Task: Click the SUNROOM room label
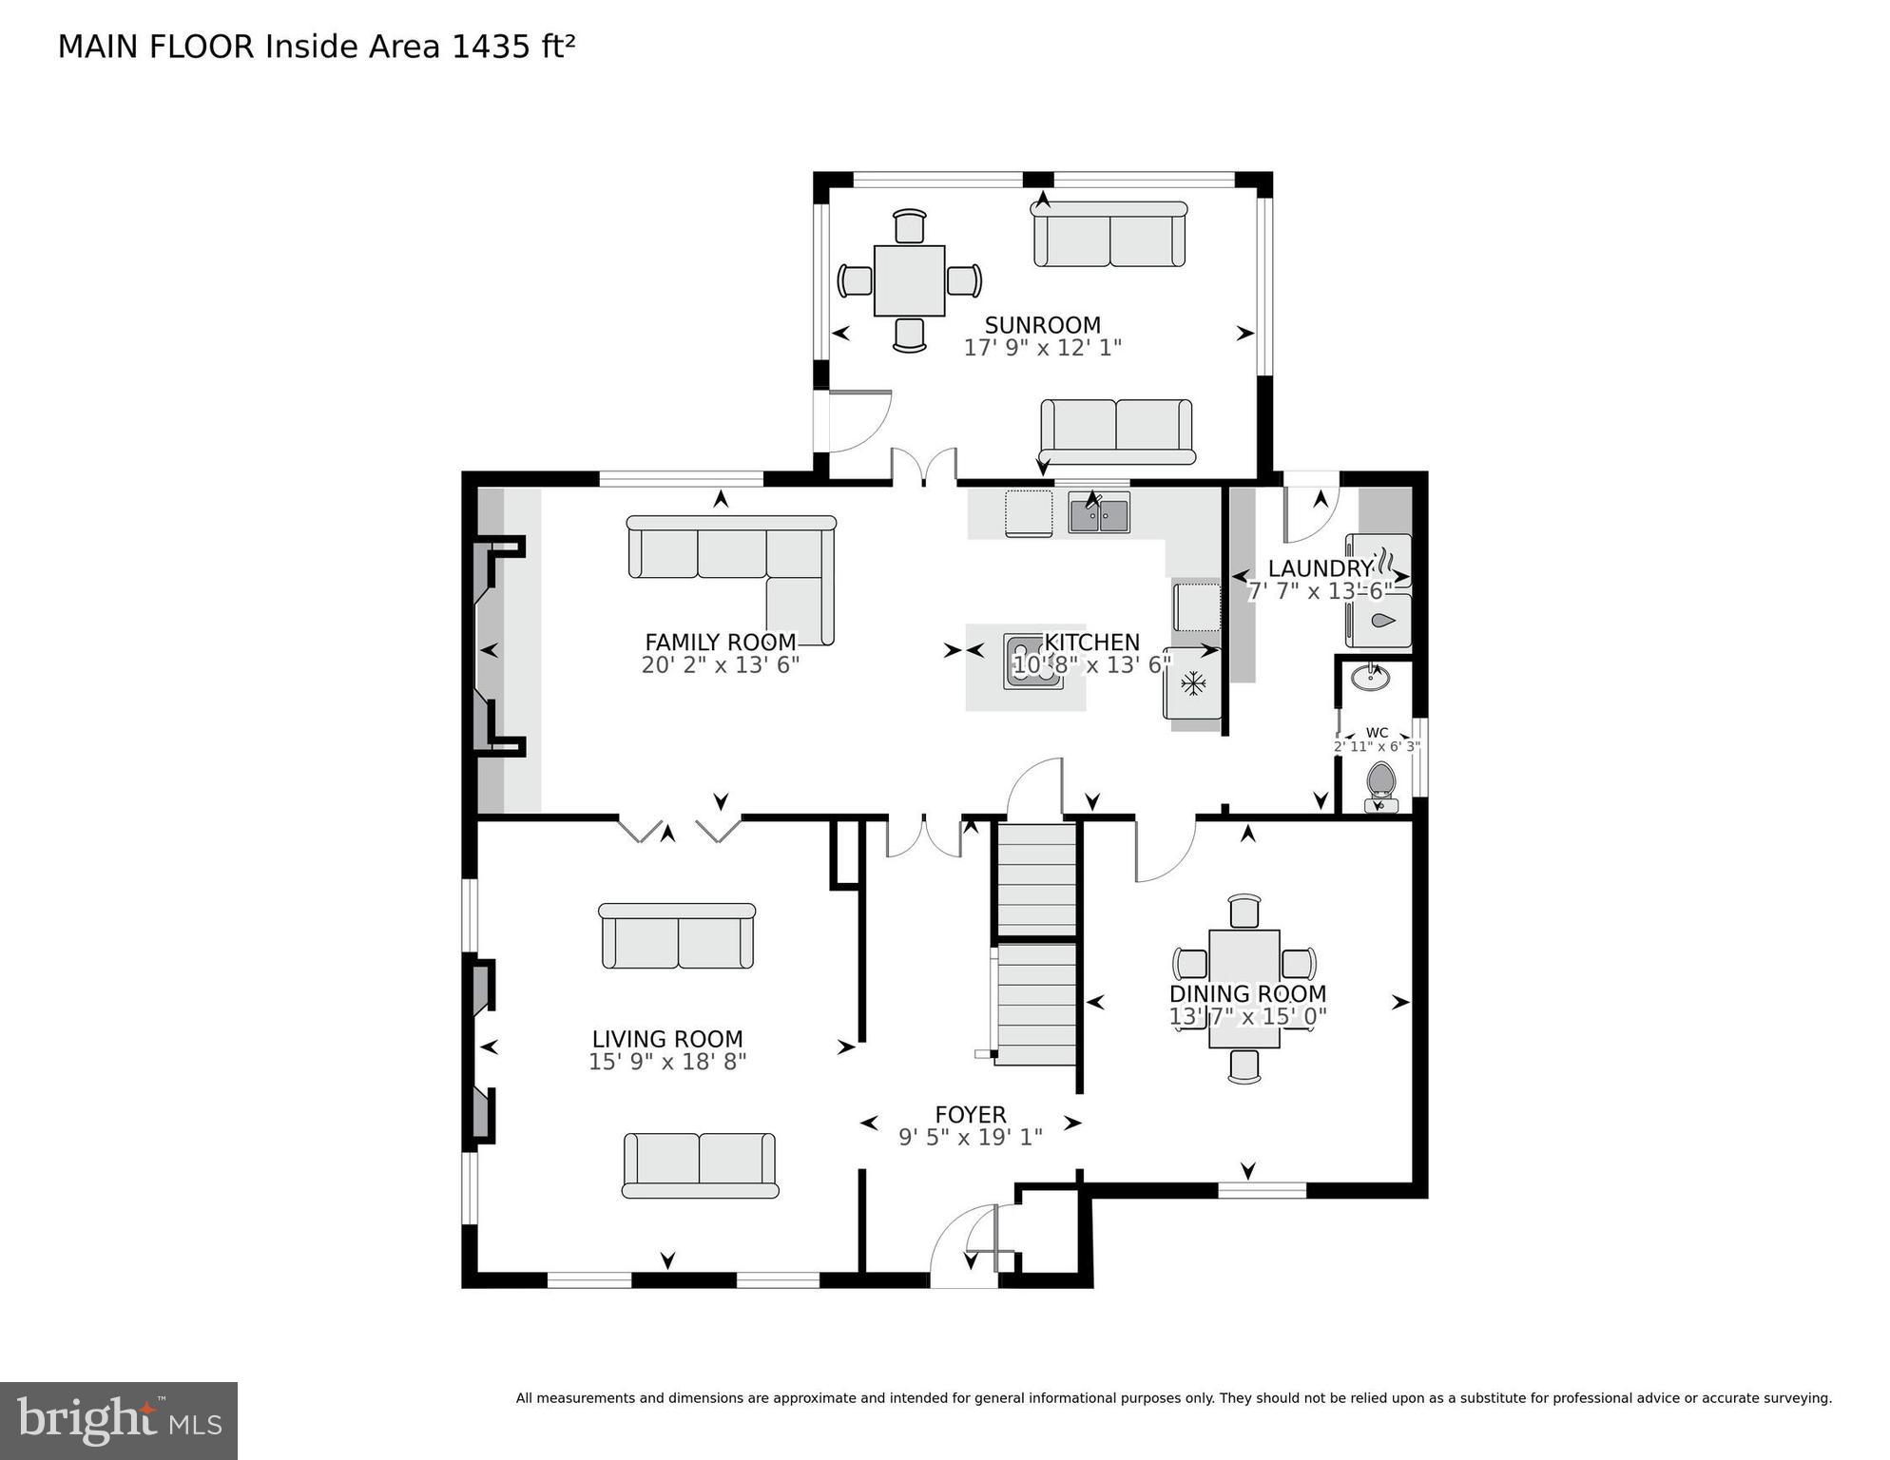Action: click(x=1042, y=325)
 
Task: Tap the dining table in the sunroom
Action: click(x=909, y=280)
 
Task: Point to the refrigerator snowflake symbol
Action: click(x=1192, y=682)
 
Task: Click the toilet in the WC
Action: click(x=1380, y=785)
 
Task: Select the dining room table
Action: click(x=1244, y=989)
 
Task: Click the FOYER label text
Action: click(x=970, y=1114)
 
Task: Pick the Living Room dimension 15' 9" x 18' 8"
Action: click(x=667, y=1062)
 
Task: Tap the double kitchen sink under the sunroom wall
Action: click(x=1098, y=514)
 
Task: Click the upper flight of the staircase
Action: click(x=1036, y=880)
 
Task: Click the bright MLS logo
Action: click(x=119, y=1420)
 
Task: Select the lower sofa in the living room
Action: click(x=700, y=1164)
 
